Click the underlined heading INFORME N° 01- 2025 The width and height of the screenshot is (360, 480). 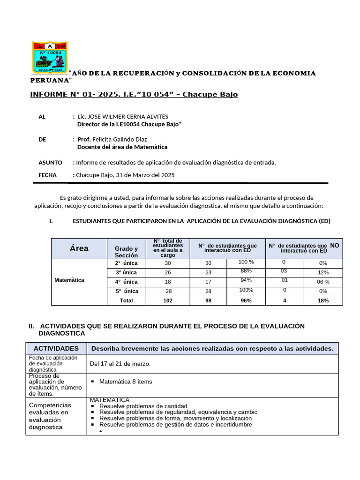(x=134, y=94)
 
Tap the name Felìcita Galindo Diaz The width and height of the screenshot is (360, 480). (x=120, y=139)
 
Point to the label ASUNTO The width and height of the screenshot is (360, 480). (x=50, y=163)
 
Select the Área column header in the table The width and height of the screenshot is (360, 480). (x=79, y=248)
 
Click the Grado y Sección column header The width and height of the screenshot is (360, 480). (x=126, y=252)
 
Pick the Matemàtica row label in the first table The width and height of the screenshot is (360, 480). (x=69, y=280)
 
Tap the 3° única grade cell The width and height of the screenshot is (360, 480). (x=126, y=272)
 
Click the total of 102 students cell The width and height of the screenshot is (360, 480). (x=167, y=300)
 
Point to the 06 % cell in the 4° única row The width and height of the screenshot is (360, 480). (x=323, y=282)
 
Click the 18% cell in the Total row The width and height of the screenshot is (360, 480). (x=323, y=300)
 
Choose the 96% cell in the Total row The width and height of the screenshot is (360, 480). (x=246, y=300)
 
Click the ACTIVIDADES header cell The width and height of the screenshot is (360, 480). (x=56, y=348)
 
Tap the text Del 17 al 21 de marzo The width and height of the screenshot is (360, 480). (x=120, y=364)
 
